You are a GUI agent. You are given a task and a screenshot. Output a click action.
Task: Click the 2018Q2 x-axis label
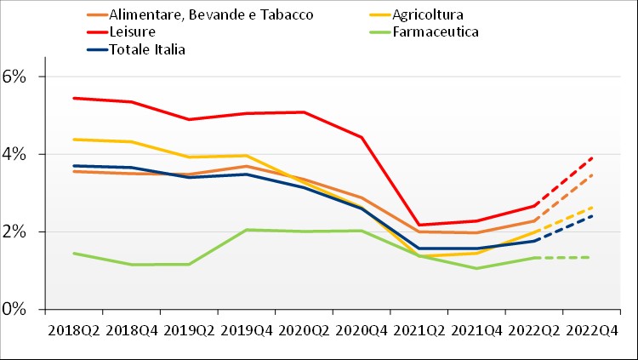tap(75, 329)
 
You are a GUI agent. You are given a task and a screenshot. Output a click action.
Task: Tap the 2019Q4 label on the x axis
tap(248, 329)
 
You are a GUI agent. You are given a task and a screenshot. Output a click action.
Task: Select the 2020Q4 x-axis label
tap(362, 329)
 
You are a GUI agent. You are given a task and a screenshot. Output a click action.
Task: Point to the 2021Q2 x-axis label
tap(420, 329)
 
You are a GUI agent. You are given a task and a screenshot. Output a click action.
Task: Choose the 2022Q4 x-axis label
tap(593, 329)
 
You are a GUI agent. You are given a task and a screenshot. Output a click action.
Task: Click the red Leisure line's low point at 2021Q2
tap(420, 225)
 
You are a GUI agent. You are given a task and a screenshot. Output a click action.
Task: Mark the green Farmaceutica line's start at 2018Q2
tap(75, 253)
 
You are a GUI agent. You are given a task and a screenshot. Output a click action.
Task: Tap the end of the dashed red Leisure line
tap(593, 157)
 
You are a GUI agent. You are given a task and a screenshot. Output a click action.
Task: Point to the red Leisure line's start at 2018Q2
tap(75, 98)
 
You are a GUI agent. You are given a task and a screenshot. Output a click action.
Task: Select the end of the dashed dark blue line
tap(593, 215)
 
